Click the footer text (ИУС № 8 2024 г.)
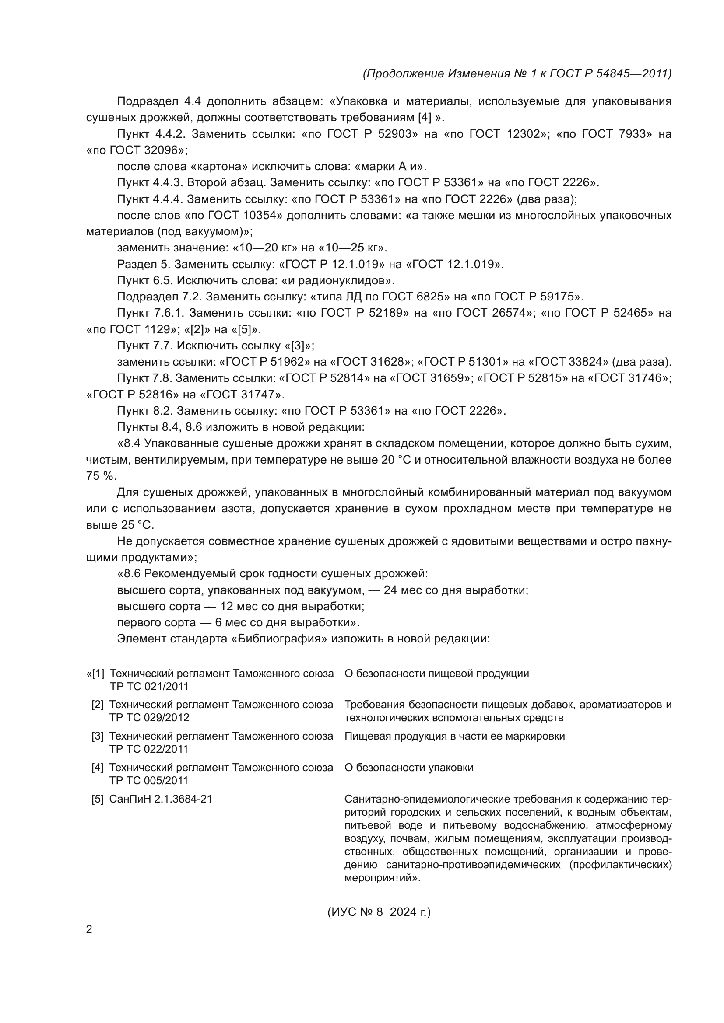pos(380,911)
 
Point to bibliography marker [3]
pos(98,736)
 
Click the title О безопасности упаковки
pos(409,768)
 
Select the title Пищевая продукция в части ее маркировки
pos(455,736)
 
